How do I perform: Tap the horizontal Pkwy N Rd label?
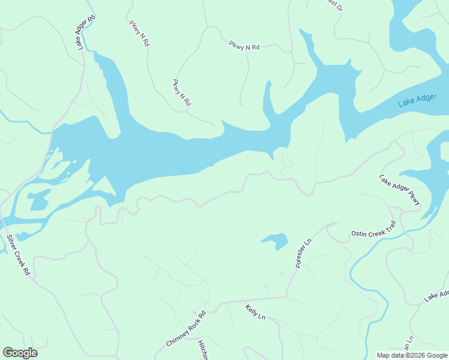[244, 46]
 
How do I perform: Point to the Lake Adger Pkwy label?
[400, 191]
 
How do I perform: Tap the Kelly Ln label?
[255, 312]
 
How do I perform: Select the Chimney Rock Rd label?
[185, 328]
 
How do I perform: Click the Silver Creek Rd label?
[18, 254]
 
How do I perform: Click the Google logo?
[20, 353]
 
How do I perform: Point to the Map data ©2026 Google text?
[412, 355]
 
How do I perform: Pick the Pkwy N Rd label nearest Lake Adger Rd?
[138, 34]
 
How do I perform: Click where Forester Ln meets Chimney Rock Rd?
[286, 296]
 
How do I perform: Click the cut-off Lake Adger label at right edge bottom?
[436, 296]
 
